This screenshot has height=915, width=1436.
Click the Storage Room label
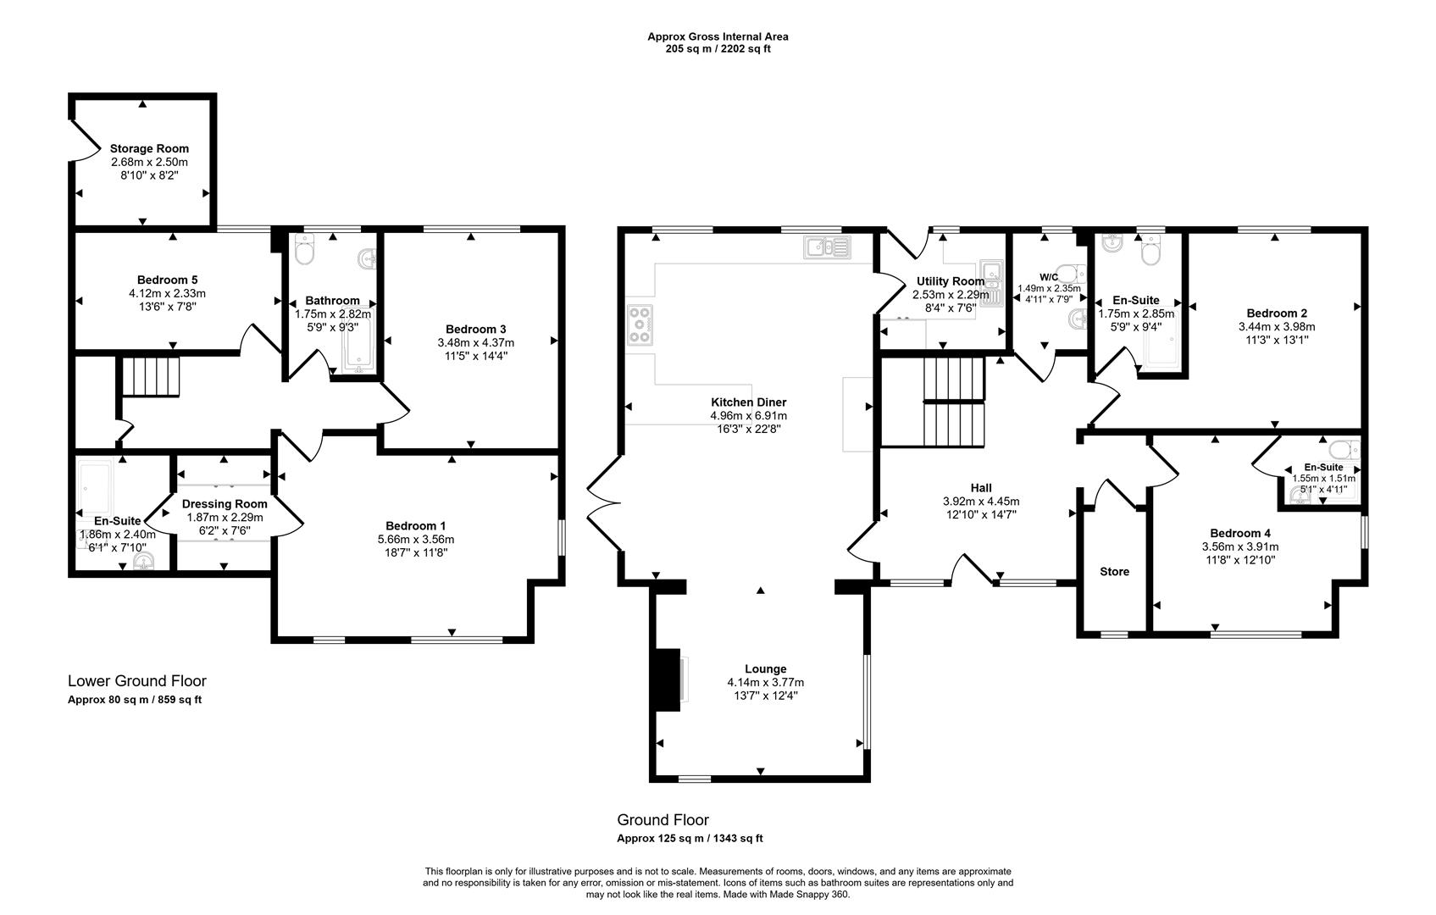pyautogui.click(x=149, y=148)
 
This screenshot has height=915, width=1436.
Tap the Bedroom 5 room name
pyautogui.click(x=167, y=280)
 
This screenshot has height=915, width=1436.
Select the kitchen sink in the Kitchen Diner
pyautogui.click(x=828, y=247)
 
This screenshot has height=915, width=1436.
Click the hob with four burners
pyautogui.click(x=639, y=324)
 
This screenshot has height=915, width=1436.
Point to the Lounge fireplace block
pyautogui.click(x=668, y=679)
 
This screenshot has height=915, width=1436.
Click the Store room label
pyautogui.click(x=1114, y=572)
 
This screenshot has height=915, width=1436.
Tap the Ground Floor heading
pyautogui.click(x=663, y=820)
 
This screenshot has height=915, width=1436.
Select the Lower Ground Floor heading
pyautogui.click(x=136, y=681)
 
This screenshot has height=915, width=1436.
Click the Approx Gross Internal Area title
pyautogui.click(x=718, y=36)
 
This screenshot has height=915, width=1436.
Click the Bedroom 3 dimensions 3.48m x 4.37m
pyautogui.click(x=475, y=342)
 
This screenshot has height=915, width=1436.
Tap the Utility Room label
pyautogui.click(x=951, y=281)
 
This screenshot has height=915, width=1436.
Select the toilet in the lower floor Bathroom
pyautogui.click(x=304, y=250)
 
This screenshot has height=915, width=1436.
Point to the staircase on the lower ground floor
pyautogui.click(x=152, y=376)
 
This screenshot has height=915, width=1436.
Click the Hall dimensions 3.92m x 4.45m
pyautogui.click(x=980, y=501)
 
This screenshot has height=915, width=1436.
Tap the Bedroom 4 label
pyautogui.click(x=1239, y=533)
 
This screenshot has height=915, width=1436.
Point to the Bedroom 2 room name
pyautogui.click(x=1275, y=313)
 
